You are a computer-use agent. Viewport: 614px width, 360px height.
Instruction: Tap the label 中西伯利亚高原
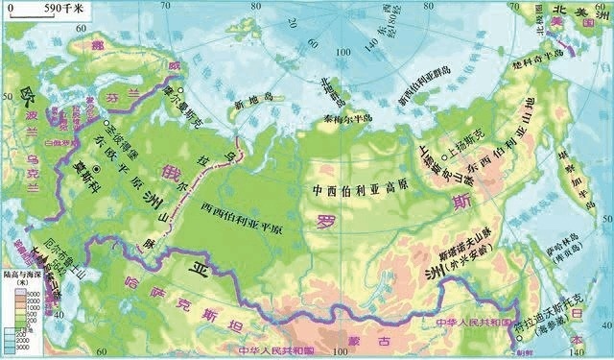click(362, 187)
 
